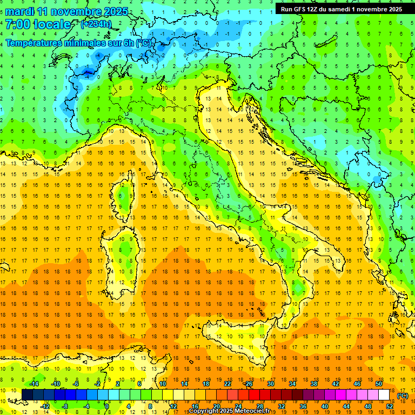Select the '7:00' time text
(x=17, y=24)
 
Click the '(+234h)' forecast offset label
(x=96, y=24)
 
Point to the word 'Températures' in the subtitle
(x=34, y=43)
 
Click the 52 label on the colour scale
(x=390, y=406)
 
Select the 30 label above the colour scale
(x=270, y=383)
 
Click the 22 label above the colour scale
(x=227, y=383)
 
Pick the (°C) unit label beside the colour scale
(x=403, y=396)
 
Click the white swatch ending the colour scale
(x=384, y=395)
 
